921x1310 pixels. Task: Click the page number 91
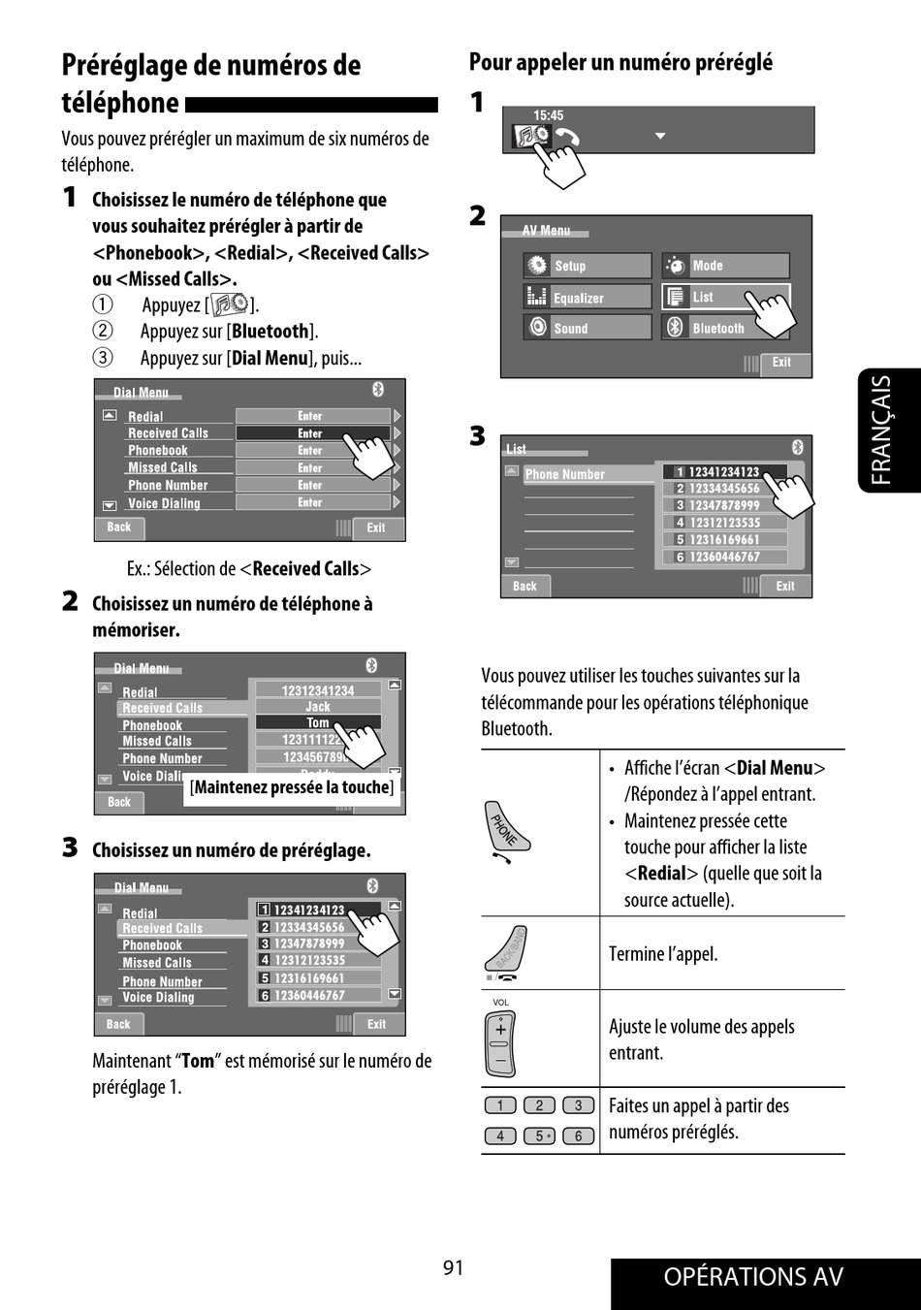click(x=453, y=1267)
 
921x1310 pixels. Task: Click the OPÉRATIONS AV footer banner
click(x=753, y=1277)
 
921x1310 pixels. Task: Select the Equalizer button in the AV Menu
click(x=588, y=298)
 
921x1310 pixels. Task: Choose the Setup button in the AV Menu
click(x=588, y=266)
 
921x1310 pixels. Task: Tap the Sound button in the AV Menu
click(x=588, y=329)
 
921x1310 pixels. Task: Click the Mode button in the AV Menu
click(x=725, y=266)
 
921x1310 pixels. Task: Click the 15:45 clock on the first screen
click(x=548, y=115)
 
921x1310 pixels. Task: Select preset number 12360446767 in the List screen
click(x=724, y=557)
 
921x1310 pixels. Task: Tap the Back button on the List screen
click(x=524, y=586)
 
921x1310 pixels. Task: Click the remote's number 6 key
click(x=578, y=1135)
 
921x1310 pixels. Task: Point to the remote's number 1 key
click(x=500, y=1105)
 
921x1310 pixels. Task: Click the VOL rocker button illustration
click(x=500, y=1042)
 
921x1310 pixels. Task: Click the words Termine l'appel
click(x=663, y=954)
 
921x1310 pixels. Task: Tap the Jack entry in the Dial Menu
click(x=318, y=707)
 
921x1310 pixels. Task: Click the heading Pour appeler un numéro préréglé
click(x=620, y=63)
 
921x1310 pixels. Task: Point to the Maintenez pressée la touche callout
click(x=292, y=787)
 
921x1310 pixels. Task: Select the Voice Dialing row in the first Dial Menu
click(x=164, y=503)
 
